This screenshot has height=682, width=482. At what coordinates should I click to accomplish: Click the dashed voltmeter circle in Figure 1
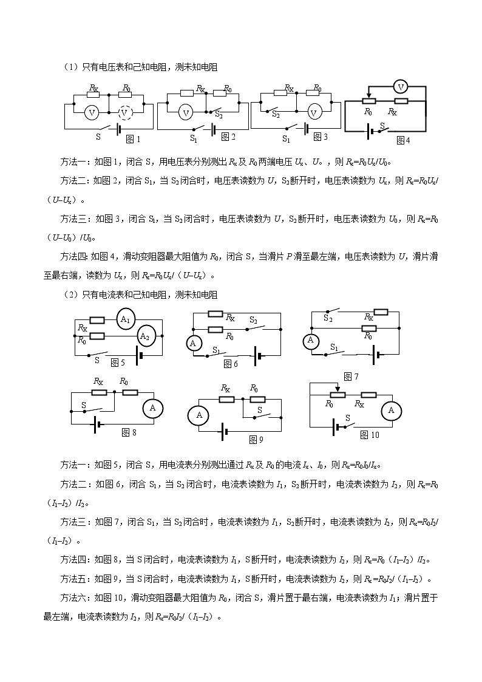[x=124, y=112]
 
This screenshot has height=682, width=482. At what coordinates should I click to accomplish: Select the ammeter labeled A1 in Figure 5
[x=126, y=319]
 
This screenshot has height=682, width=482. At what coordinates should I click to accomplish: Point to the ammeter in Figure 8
[x=152, y=408]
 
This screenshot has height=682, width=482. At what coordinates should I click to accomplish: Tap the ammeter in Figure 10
[x=391, y=411]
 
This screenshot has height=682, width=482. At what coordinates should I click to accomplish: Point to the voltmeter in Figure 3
[x=314, y=112]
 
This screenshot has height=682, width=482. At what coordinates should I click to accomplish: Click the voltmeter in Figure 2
[x=187, y=112]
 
